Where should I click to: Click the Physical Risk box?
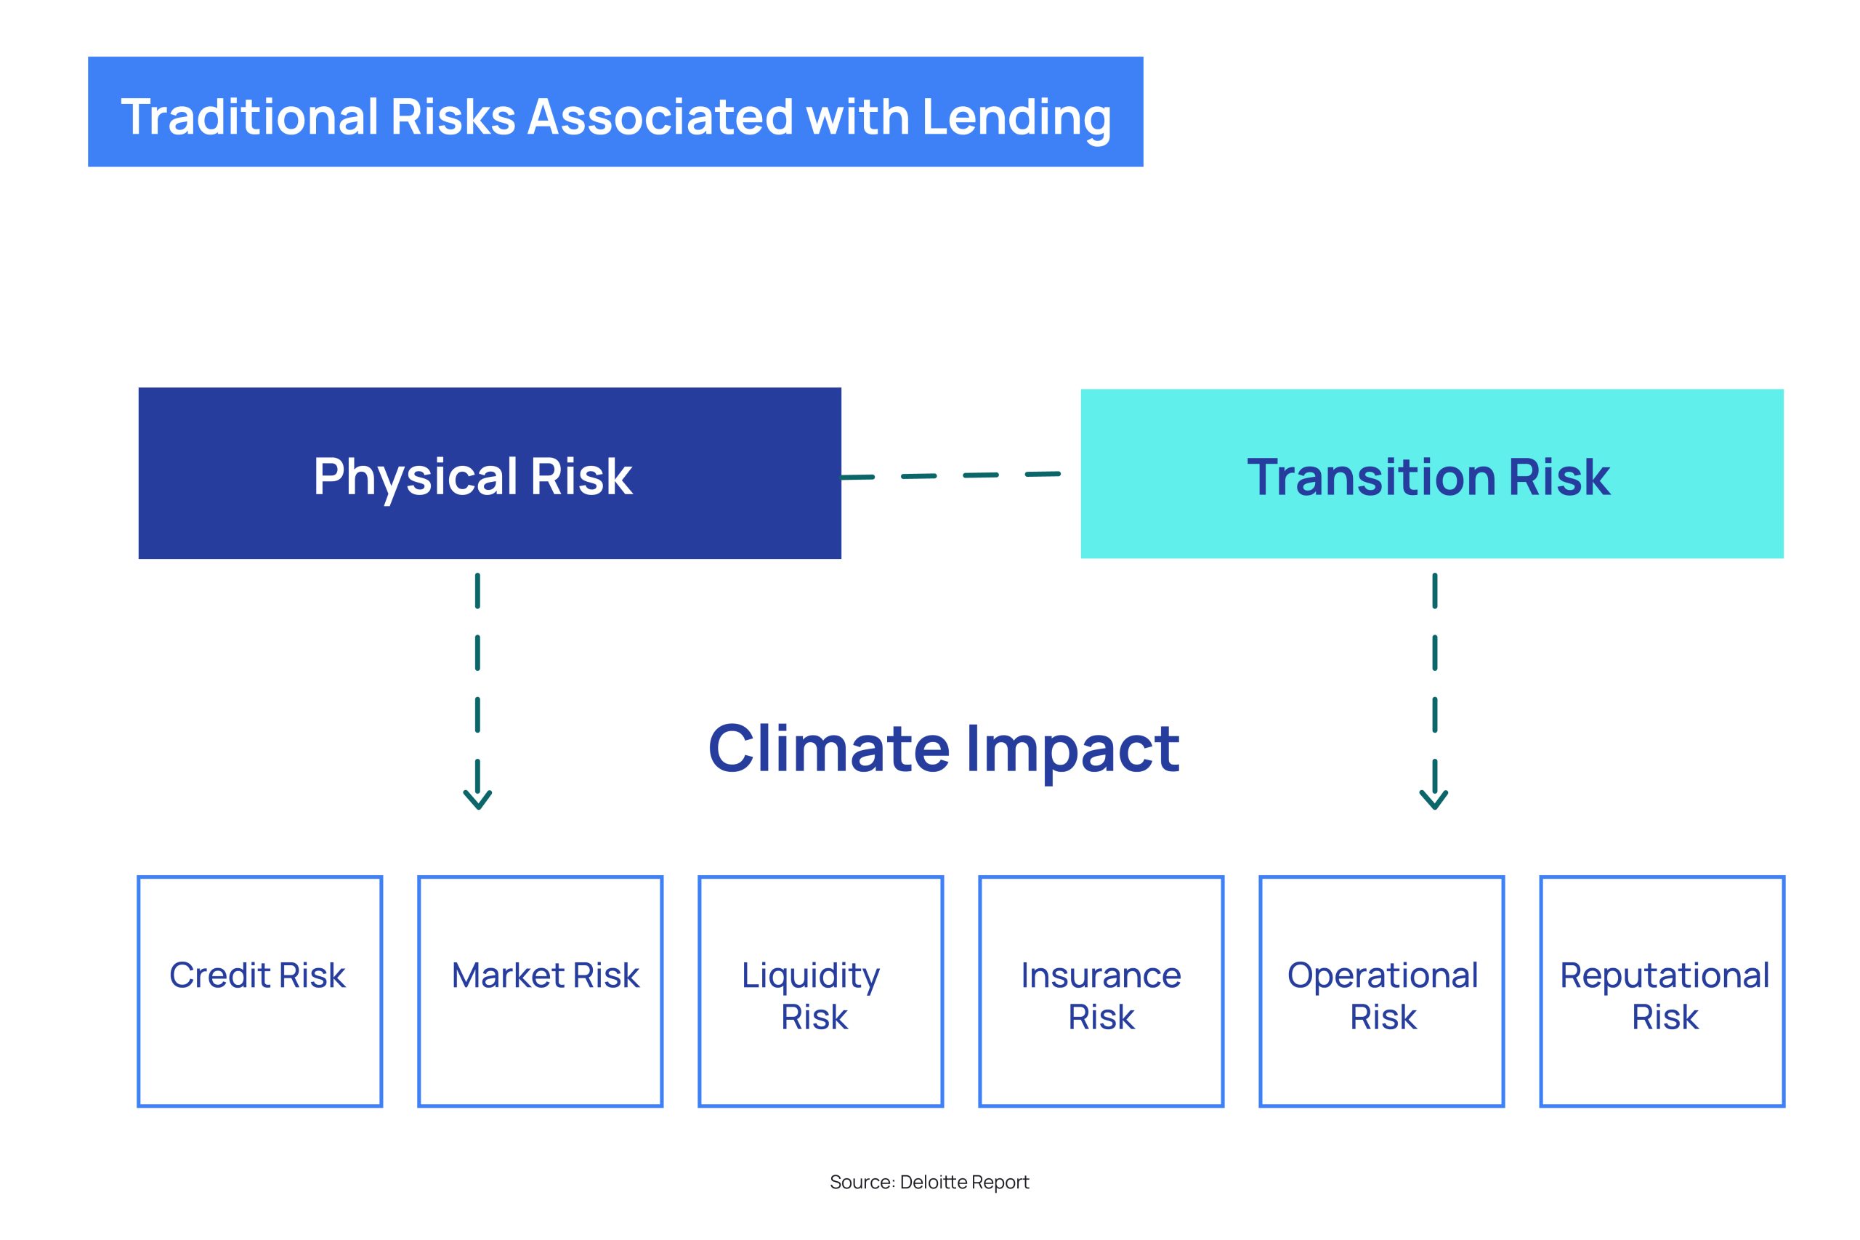[489, 473]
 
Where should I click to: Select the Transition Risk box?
[1431, 474]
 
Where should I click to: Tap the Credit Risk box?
[260, 991]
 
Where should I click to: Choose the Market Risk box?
[540, 991]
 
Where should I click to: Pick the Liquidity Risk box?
[820, 991]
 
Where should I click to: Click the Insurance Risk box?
[1101, 991]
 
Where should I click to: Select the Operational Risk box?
[1382, 991]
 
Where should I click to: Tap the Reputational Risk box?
[1662, 991]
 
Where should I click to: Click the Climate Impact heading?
[944, 749]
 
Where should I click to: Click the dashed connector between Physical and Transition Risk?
[950, 476]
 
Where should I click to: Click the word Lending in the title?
[1016, 118]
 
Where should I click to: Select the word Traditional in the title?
[250, 117]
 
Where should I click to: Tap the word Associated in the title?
[659, 117]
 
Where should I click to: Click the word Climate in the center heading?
[828, 748]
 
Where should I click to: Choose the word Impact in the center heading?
[1072, 752]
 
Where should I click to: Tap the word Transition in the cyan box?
[1371, 477]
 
